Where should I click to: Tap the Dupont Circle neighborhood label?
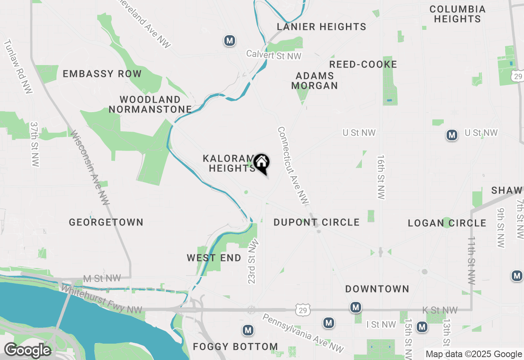tap(316, 222)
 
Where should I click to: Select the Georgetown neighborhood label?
tap(106, 222)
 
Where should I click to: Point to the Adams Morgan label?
tap(314, 81)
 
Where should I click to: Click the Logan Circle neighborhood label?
tap(447, 223)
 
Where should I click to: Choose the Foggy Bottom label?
tap(235, 346)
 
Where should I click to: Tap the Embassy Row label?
tap(102, 74)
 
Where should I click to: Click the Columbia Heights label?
tap(457, 14)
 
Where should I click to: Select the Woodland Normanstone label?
tap(150, 104)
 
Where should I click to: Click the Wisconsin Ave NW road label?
tap(89, 167)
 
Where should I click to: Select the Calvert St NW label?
tap(273, 55)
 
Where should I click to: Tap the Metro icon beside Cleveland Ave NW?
tap(230, 40)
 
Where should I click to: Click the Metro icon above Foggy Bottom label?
tap(247, 330)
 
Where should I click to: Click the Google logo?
tap(27, 351)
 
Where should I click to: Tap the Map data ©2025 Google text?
tap(474, 354)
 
